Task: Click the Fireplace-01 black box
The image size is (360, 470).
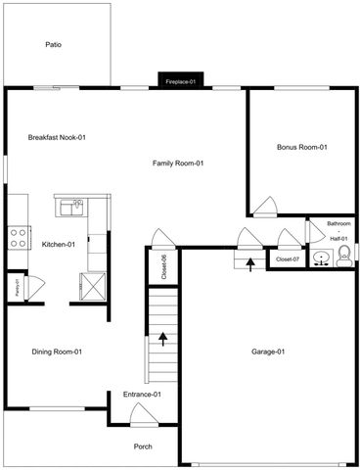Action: (181, 82)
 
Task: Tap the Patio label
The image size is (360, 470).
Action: (54, 44)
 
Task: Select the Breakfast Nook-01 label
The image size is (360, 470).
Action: (58, 137)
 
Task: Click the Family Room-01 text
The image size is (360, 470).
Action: (177, 163)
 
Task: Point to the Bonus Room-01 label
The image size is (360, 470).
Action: (301, 147)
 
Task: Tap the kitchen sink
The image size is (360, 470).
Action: (69, 207)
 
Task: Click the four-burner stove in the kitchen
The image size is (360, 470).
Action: (18, 235)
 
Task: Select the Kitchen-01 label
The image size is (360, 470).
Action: (59, 244)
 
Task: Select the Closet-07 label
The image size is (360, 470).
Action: (288, 259)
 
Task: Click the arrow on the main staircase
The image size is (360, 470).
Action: (162, 340)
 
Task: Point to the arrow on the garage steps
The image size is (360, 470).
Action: (250, 261)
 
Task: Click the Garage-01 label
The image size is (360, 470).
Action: (267, 352)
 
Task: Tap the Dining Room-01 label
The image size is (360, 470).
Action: (57, 352)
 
